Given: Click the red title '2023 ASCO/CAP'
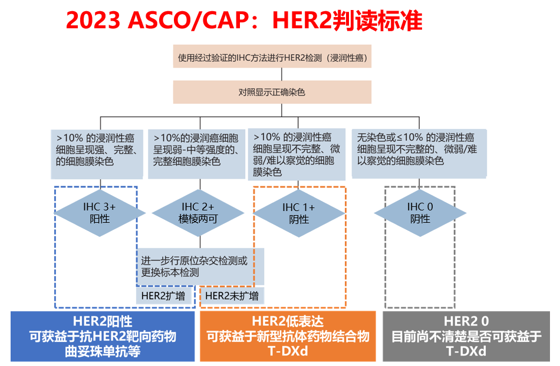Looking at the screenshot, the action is (157, 21).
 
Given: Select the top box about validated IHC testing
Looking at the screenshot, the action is (272, 57).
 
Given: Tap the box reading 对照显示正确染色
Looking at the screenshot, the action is (272, 92).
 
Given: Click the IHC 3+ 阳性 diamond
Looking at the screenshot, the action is (100, 213).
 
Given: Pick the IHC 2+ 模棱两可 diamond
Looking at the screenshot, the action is (198, 213).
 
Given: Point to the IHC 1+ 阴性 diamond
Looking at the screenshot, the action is (299, 213).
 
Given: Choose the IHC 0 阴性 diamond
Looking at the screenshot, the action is (420, 213).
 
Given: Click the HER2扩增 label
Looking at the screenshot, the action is (163, 296).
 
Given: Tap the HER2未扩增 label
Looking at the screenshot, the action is (232, 296).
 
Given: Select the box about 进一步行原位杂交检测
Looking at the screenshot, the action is (200, 267).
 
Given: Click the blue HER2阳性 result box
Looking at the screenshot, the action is (103, 337).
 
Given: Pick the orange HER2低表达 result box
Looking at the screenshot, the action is (288, 337).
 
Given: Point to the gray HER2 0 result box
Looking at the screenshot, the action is (466, 337).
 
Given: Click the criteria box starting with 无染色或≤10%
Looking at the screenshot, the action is (419, 154).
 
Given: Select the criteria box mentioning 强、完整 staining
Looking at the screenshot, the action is (97, 154).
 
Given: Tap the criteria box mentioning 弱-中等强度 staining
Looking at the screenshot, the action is (196, 154).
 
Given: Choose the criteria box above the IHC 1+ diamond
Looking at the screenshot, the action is (297, 154).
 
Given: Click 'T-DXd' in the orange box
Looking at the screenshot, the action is (288, 351).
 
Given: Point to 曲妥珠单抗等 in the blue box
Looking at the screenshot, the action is (103, 351).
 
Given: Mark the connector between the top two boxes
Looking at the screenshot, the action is (282, 74).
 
